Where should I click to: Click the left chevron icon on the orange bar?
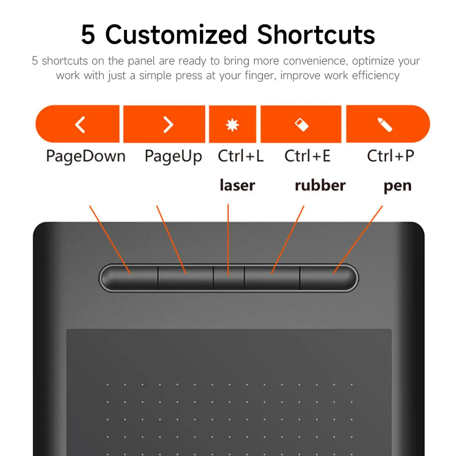click(80, 125)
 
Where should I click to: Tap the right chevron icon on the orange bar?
click(168, 125)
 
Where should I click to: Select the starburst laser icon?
click(232, 125)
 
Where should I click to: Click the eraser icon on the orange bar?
click(301, 125)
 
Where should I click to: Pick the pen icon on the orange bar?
click(385, 125)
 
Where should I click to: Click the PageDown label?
click(86, 156)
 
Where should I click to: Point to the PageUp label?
click(173, 156)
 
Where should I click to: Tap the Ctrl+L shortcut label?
click(241, 156)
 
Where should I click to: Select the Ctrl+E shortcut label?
click(307, 156)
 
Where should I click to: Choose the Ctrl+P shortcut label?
click(391, 156)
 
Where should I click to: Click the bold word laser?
click(237, 185)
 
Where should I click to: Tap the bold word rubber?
click(320, 185)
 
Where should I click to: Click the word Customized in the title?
click(176, 35)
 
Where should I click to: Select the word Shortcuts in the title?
click(316, 35)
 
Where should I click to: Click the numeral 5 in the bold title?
click(88, 35)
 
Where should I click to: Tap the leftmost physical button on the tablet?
click(130, 278)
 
